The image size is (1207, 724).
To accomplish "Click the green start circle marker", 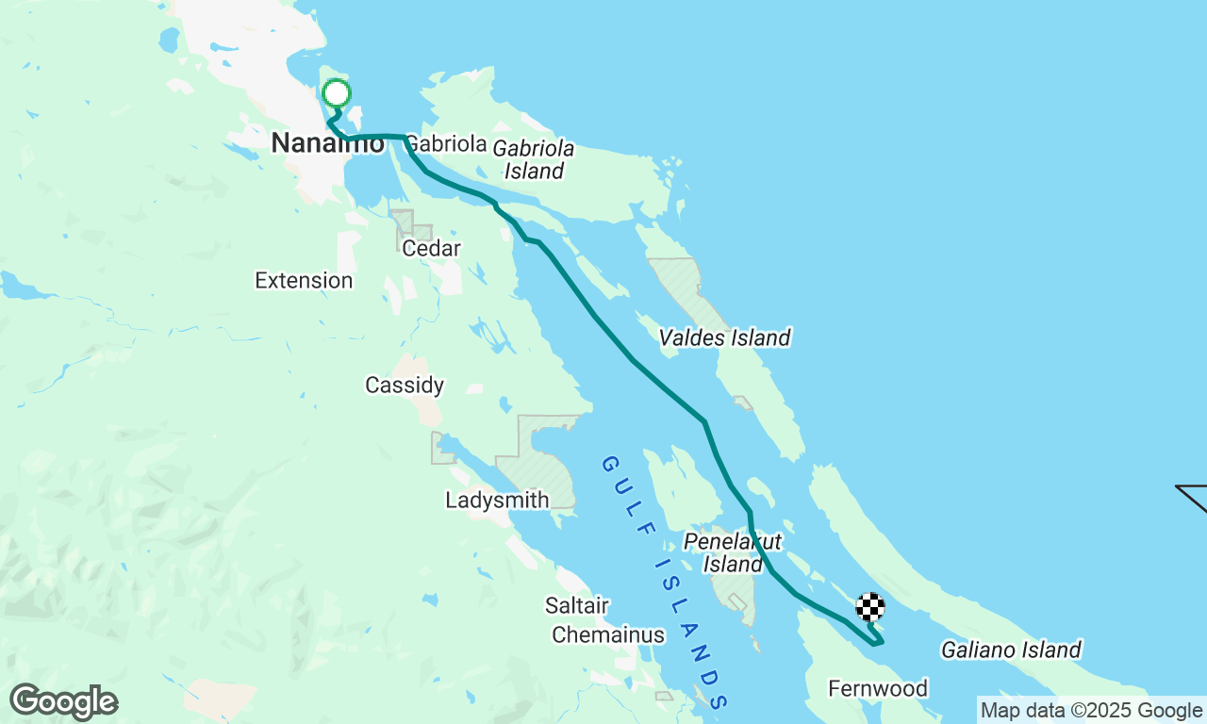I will pyautogui.click(x=337, y=93).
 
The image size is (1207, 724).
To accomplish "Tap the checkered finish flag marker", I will pyautogui.click(x=870, y=606).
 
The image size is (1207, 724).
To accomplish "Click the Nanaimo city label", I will pyautogui.click(x=327, y=143).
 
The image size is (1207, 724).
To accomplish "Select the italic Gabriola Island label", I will pyautogui.click(x=534, y=159).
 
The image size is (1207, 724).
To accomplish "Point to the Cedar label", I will pyautogui.click(x=431, y=248).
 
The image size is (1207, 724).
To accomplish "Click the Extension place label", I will pyautogui.click(x=304, y=280).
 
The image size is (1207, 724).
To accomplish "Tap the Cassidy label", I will pyautogui.click(x=405, y=385).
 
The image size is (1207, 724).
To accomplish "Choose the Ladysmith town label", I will pyautogui.click(x=497, y=500).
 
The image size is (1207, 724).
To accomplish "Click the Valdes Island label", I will pyautogui.click(x=724, y=337).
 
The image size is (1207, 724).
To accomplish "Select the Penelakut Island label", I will pyautogui.click(x=733, y=552).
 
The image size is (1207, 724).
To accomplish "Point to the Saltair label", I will pyautogui.click(x=576, y=605).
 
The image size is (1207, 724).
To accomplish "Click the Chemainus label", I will pyautogui.click(x=608, y=634).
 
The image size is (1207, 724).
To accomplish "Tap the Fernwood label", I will pyautogui.click(x=878, y=688).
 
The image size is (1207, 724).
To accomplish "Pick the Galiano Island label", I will pyautogui.click(x=1011, y=650).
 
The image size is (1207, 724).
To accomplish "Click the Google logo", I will pyautogui.click(x=64, y=702).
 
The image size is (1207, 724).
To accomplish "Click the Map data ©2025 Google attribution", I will pyautogui.click(x=1091, y=710).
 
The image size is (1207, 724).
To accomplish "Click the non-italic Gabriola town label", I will pyautogui.click(x=444, y=143).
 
